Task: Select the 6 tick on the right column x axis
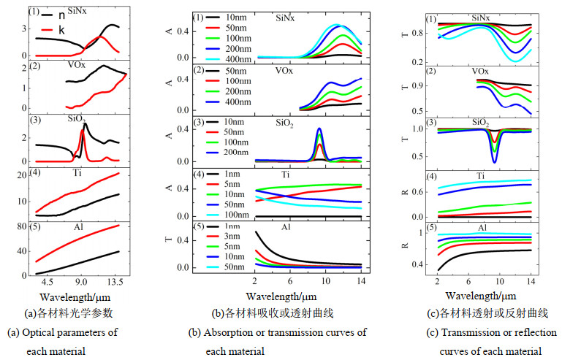tap(468, 280)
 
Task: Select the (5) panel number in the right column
tap(432, 229)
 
